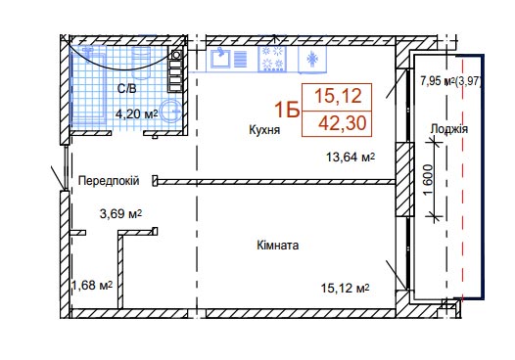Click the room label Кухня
pos(264,130)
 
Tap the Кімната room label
pos(278,246)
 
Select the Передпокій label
pos(109,181)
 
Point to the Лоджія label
pos(449,129)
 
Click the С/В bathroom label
pos(126,89)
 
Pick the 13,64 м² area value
pos(351,157)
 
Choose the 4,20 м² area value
pos(137,113)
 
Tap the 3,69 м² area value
pos(120,214)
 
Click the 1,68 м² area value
pos(92,286)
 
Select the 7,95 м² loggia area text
pos(437,81)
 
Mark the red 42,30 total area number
pos(342,123)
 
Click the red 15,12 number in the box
pos(338,96)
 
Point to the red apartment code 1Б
pos(287,110)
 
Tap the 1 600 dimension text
pos(429,179)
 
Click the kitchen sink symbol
pos(220,58)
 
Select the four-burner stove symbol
pos(272,58)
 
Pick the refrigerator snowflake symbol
pos(312,59)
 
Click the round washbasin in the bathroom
pos(170,110)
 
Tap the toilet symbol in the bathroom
pos(141,63)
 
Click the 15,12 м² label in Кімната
pos(345,289)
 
